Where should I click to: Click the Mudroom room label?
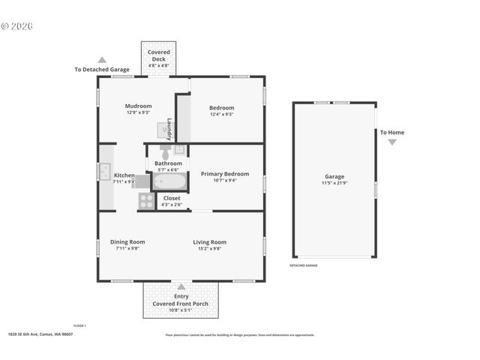coord(138,106)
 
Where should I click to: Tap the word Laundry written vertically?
coord(169,128)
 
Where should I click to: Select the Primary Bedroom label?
coord(225,173)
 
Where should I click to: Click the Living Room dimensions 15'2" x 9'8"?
coord(209,248)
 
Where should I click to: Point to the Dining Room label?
coord(127,241)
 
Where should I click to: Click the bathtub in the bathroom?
coord(170,181)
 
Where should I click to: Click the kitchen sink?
coord(104,172)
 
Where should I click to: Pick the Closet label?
coord(172,199)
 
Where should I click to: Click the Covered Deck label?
coord(158,55)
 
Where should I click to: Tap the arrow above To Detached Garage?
coord(102,60)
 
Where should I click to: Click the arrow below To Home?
coord(391,142)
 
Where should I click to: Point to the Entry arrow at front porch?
coord(181,286)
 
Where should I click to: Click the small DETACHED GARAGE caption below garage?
coord(304,265)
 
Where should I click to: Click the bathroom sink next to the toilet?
coord(180,149)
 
